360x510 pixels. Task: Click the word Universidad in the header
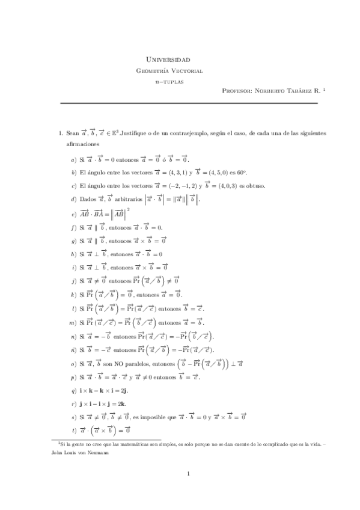click(168, 60)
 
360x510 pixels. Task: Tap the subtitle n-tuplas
click(169, 81)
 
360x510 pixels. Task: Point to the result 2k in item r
click(125, 404)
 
